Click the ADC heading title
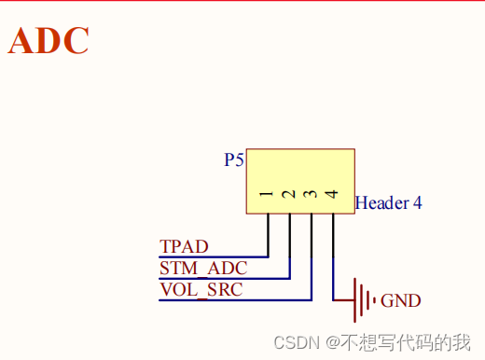pos(48,41)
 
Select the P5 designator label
pos(234,159)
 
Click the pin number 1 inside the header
pos(267,196)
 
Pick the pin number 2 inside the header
pos(288,196)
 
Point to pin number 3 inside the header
pos(311,196)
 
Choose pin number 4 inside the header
pos(332,196)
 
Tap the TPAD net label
pos(184,247)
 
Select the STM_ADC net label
pos(203,269)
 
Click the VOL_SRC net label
pos(201,290)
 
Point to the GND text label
pos(401,301)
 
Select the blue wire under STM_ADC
pos(224,278)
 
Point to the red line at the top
pos(242,2)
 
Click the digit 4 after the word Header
pos(417,202)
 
